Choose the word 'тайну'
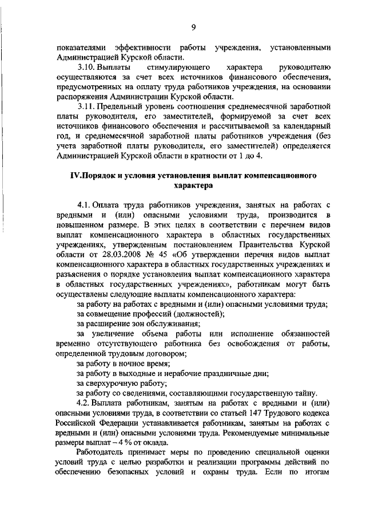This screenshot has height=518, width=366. coord(304,392)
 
